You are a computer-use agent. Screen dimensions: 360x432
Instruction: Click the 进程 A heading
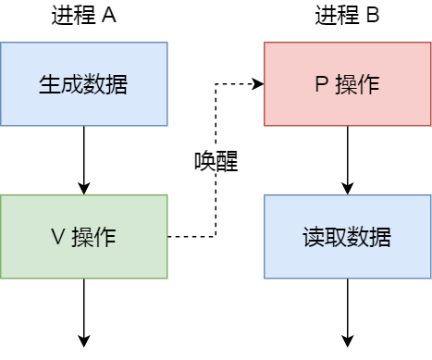83,16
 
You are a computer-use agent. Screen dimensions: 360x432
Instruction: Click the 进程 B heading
347,16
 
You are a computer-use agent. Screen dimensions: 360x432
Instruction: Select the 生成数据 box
83,84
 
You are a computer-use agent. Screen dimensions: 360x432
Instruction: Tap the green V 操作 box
83,237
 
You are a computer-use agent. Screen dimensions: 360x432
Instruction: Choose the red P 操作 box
347,84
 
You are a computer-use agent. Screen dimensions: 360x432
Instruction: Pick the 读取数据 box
347,237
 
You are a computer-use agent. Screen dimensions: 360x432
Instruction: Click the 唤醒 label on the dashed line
216,161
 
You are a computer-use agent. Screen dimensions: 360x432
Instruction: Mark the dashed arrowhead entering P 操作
258,84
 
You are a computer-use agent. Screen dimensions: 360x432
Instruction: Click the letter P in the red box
321,84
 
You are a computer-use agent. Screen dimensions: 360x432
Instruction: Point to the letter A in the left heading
109,16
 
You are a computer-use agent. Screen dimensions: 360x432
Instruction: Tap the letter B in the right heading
373,16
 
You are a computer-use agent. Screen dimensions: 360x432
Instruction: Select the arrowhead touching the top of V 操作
83,189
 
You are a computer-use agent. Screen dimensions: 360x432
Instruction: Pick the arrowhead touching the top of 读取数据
347,189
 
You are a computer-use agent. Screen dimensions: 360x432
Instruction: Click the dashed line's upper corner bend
216,84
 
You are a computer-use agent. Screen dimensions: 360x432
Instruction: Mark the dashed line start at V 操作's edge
169,237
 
